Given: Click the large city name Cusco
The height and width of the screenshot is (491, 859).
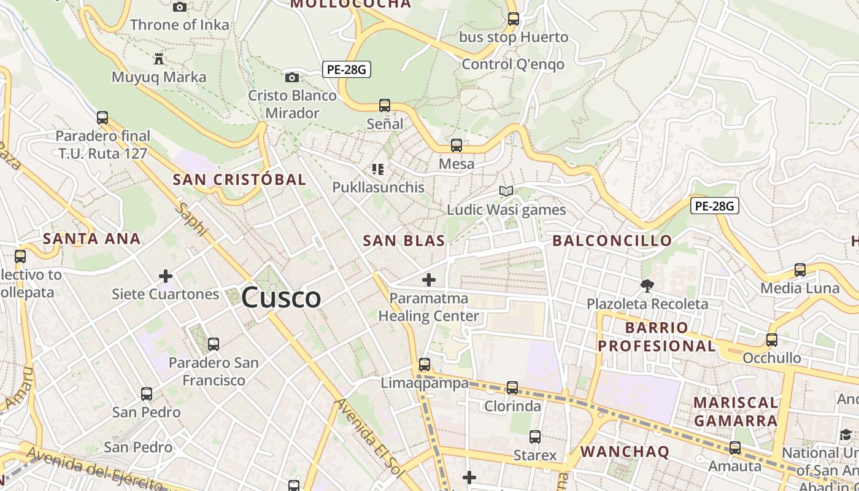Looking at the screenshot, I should (x=281, y=298).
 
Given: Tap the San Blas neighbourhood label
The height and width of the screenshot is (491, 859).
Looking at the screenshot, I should (x=404, y=241).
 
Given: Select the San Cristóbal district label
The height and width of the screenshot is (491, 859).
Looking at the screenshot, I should (x=239, y=180).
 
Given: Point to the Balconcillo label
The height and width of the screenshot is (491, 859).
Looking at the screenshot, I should (x=612, y=241).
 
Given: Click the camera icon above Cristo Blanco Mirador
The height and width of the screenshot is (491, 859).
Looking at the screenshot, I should (x=292, y=77).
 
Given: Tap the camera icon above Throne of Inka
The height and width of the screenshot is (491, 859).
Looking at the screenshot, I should (x=180, y=7).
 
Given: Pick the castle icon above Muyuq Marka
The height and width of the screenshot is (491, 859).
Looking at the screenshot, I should (x=159, y=59).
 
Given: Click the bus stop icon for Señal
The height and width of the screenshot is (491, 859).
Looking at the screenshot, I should (x=385, y=106).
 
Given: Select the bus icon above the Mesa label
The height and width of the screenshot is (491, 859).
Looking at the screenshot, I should (x=456, y=145).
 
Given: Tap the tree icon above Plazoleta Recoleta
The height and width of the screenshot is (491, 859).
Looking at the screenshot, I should (x=647, y=285).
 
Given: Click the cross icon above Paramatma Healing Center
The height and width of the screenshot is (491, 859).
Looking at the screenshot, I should (x=429, y=280).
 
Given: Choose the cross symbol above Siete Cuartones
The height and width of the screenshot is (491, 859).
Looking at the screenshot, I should (x=166, y=276).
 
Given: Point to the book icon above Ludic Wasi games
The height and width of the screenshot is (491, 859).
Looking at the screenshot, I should (x=506, y=191).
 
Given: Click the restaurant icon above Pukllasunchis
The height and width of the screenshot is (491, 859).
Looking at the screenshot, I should (x=378, y=169).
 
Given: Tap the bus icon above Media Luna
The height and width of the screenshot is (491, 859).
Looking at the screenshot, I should (x=800, y=269).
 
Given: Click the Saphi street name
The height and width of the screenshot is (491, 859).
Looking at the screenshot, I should (x=191, y=219).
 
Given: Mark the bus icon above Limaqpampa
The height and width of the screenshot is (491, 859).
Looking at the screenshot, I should (x=424, y=365).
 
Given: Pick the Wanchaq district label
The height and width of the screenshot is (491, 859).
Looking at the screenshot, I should (x=625, y=452).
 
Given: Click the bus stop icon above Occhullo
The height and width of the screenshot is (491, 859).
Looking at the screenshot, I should (x=772, y=339).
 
